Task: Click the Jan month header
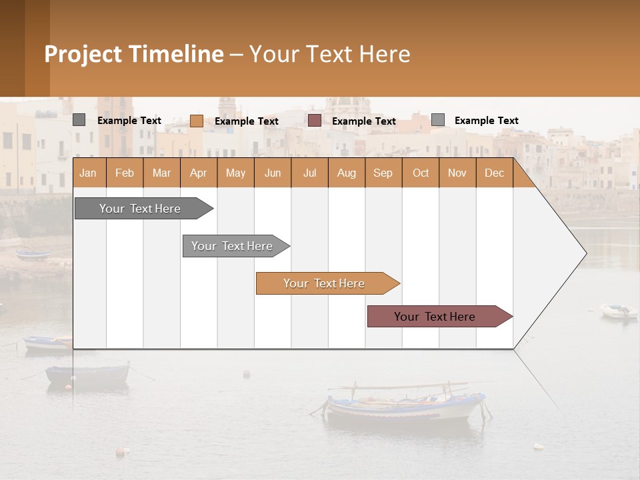88,173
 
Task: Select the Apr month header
198,173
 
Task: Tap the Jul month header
309,173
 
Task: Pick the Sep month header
383,173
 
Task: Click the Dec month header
494,173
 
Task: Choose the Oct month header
421,173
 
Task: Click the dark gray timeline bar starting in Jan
140,209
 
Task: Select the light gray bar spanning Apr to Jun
232,246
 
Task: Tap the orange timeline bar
324,283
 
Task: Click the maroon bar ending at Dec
435,317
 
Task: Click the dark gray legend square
79,120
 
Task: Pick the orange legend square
196,121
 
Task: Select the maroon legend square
314,121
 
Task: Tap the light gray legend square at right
437,120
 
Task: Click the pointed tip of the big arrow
585,253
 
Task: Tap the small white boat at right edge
618,311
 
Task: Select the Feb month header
125,173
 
